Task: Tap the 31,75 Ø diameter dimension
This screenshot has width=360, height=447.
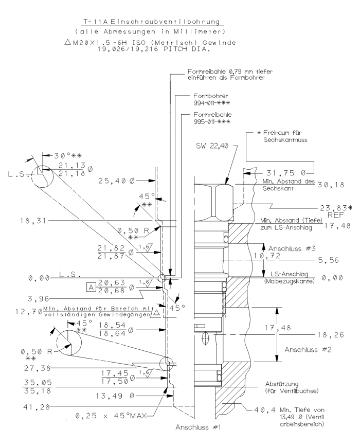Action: tap(285, 172)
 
